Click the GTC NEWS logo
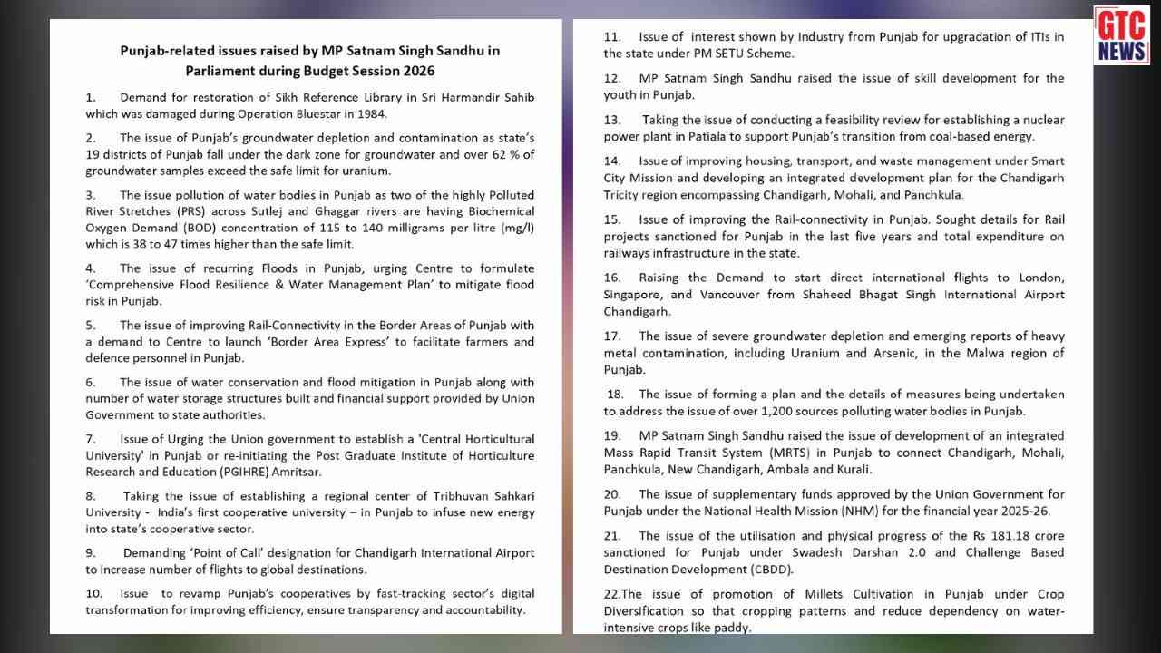[1121, 35]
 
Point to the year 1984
[371, 114]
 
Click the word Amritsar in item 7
[293, 472]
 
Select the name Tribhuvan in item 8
[432, 496]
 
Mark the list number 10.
[93, 593]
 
